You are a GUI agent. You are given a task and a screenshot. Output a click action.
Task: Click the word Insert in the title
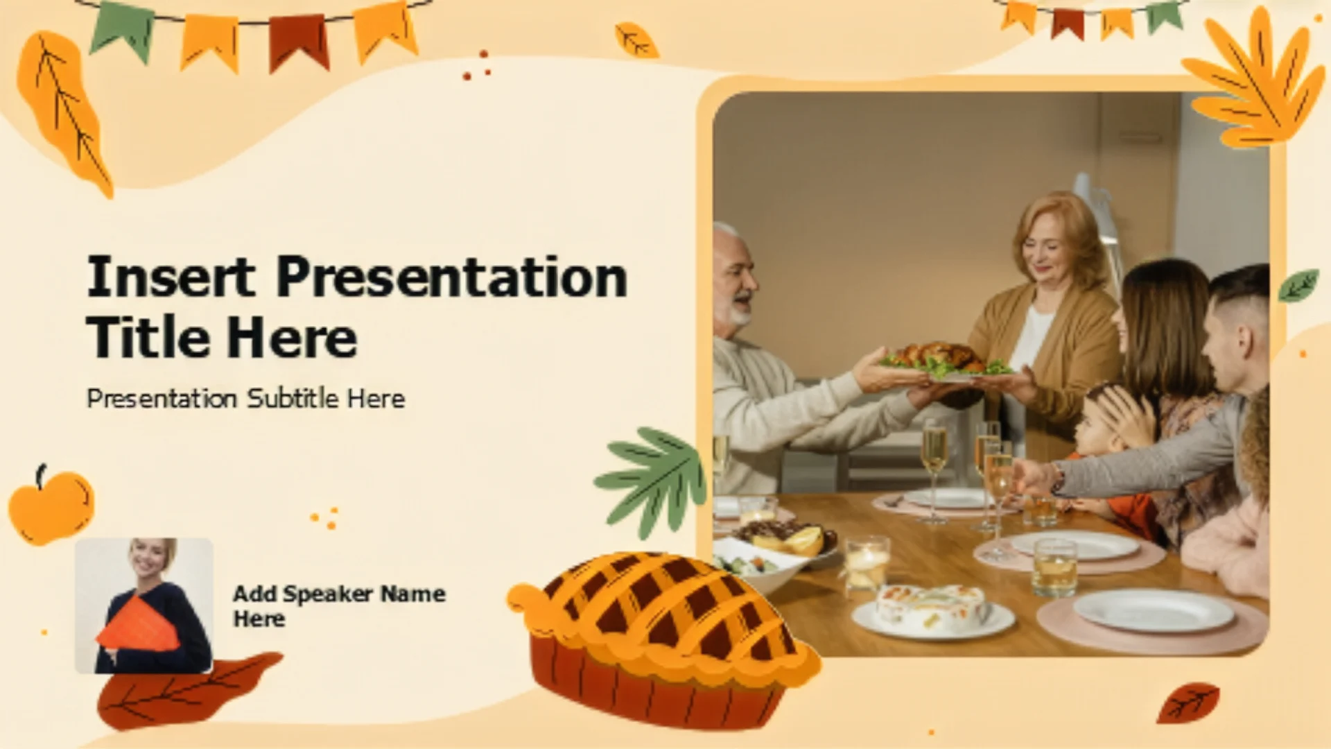click(171, 277)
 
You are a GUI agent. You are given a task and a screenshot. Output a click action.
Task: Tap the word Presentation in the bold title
click(452, 277)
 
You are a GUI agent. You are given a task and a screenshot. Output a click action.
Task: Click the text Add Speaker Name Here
click(339, 606)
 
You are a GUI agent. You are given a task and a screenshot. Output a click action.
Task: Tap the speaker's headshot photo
click(143, 605)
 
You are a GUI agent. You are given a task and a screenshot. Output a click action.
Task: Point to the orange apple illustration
click(51, 506)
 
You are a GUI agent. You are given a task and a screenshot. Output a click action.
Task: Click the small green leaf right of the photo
click(1298, 285)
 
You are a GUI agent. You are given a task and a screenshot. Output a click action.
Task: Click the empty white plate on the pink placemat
click(1154, 610)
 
